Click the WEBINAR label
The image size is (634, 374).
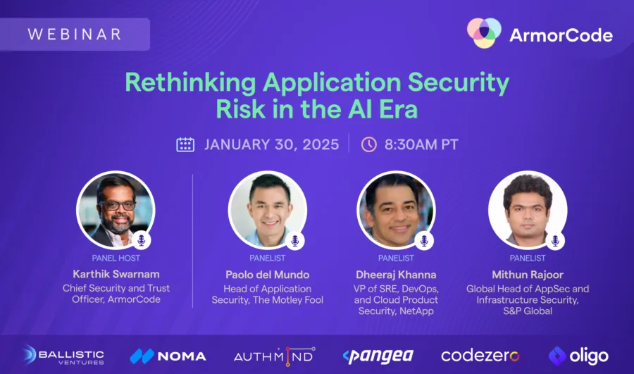75,34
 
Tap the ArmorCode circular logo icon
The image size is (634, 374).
484,32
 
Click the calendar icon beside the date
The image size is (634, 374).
185,144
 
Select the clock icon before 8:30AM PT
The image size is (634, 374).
368,144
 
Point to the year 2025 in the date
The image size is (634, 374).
321,144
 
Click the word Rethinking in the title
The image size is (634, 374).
190,82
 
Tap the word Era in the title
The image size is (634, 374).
398,109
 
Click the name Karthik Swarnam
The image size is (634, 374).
116,274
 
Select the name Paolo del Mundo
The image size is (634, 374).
267,275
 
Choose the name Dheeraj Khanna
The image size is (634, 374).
396,275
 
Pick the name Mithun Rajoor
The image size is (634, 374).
528,275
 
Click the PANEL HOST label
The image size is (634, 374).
116,258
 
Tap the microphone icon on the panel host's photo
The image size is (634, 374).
141,240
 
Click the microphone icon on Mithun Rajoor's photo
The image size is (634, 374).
555,241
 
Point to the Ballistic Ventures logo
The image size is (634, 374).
63,356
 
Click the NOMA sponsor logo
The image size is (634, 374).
168,356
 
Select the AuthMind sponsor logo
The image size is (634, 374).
275,356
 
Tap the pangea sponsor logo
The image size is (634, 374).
378,356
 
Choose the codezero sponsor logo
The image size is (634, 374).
480,356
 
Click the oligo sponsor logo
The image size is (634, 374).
578,356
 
